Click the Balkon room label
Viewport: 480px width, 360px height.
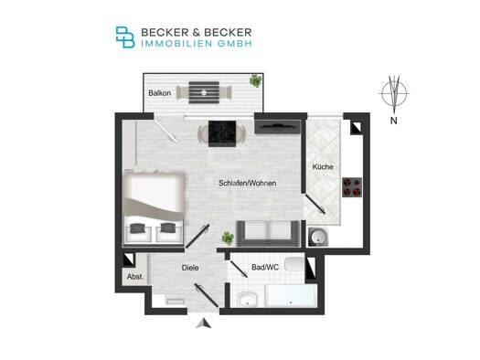click(159, 93)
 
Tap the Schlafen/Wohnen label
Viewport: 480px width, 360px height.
click(248, 184)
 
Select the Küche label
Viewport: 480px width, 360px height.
click(323, 167)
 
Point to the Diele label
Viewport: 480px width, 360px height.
click(190, 268)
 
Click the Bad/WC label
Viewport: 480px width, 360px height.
click(265, 267)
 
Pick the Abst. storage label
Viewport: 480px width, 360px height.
click(135, 277)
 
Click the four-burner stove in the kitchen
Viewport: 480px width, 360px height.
click(352, 187)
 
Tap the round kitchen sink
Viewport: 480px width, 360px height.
click(318, 237)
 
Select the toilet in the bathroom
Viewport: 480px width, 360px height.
click(294, 264)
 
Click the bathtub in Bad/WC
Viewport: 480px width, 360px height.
click(291, 295)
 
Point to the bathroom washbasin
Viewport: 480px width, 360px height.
click(247, 300)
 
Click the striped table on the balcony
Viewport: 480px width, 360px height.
click(204, 92)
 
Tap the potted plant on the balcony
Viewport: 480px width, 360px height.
click(255, 81)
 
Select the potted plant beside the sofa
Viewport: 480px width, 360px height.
click(228, 238)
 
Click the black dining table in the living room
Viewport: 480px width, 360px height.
click(222, 133)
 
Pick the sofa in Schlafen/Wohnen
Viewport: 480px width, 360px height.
click(268, 233)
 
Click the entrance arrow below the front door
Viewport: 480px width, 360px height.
click(204, 323)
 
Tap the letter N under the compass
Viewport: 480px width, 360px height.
click(394, 121)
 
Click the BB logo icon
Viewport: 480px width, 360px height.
click(125, 37)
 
